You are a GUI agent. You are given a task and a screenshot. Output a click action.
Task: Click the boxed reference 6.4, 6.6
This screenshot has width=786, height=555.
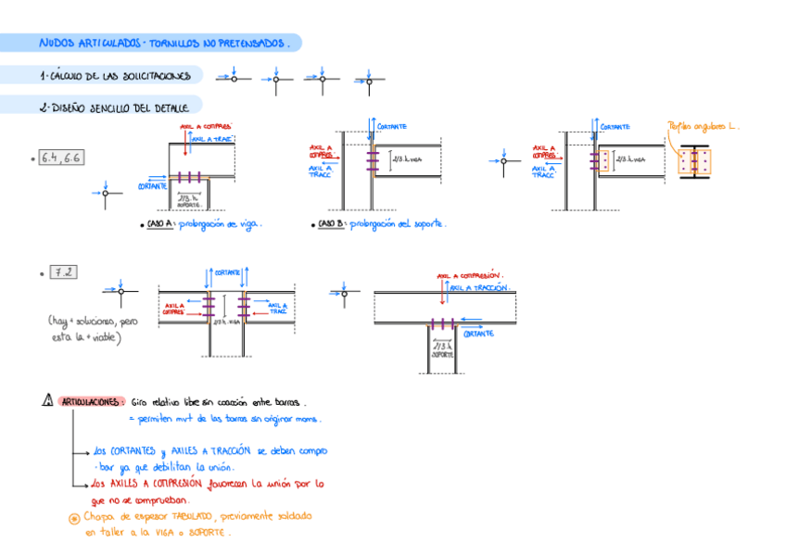pos(60,158)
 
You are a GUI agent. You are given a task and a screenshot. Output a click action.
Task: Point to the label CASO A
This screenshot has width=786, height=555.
pos(158,223)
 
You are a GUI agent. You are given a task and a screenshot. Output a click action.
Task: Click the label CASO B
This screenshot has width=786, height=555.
pos(331,223)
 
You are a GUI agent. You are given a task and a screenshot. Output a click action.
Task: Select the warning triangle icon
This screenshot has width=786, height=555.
pos(47,401)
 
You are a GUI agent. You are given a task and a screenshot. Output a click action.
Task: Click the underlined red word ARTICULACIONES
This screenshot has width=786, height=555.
pos(90,402)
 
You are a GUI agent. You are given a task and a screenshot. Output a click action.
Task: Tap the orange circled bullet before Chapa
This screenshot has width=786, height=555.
pos(73,518)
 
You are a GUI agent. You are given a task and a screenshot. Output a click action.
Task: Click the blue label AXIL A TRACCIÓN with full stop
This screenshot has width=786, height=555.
pos(480,288)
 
